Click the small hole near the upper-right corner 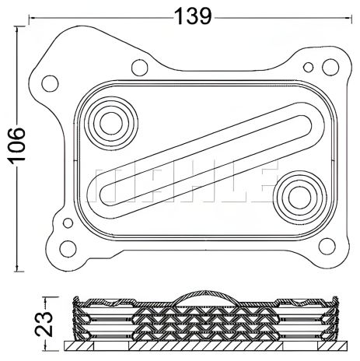coord(312,67)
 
